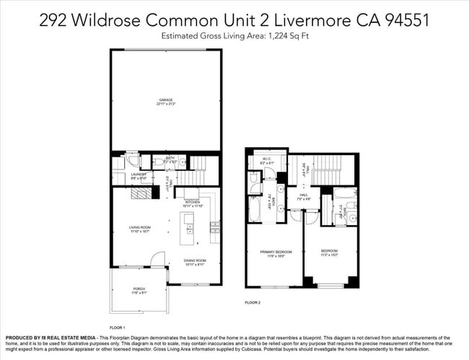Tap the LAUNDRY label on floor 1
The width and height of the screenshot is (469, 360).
pos(139,174)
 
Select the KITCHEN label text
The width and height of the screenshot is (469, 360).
pos(192,203)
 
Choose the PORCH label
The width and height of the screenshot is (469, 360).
pos(139,290)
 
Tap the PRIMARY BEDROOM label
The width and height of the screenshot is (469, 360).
pos(273,252)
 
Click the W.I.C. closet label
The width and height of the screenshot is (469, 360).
pos(266,161)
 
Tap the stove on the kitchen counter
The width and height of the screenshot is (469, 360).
pos(214,229)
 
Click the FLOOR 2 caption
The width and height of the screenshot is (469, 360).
pos(252,302)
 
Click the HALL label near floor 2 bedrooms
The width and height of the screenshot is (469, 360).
pos(305,194)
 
